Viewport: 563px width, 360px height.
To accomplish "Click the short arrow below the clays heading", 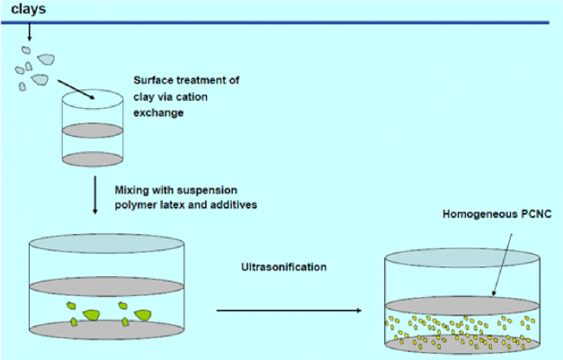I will pyautogui.click(x=29, y=31).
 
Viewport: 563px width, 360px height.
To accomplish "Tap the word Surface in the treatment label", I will pyautogui.click(x=154, y=80).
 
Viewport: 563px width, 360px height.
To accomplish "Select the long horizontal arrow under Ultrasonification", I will pyautogui.click(x=287, y=310).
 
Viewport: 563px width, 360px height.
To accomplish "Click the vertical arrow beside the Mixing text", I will pyautogui.click(x=94, y=195).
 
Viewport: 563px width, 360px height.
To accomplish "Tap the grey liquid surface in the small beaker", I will pyautogui.click(x=93, y=130).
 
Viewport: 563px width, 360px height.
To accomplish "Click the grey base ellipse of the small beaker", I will pyautogui.click(x=93, y=160).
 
